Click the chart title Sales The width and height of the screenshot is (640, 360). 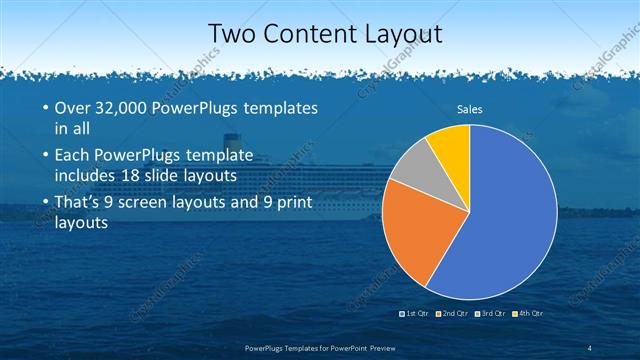(x=470, y=109)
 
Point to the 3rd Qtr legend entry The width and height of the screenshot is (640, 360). (x=491, y=314)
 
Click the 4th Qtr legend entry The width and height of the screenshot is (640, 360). (x=529, y=314)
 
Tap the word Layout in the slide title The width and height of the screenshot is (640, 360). (x=395, y=33)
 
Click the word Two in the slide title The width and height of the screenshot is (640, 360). (x=229, y=33)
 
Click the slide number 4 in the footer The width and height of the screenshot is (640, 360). (x=589, y=347)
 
